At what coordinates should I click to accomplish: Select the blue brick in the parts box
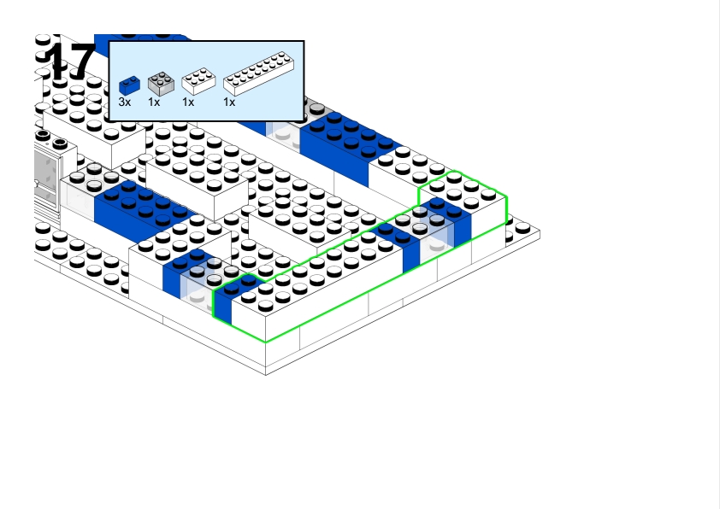(x=129, y=85)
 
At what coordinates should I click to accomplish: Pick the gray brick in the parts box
(x=160, y=84)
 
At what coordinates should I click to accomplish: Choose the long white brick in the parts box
(x=257, y=74)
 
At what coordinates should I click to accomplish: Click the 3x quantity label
(x=125, y=102)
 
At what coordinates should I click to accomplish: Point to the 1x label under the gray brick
(x=154, y=102)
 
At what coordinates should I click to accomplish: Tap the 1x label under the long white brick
(x=229, y=102)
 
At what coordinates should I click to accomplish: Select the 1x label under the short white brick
(x=188, y=102)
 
